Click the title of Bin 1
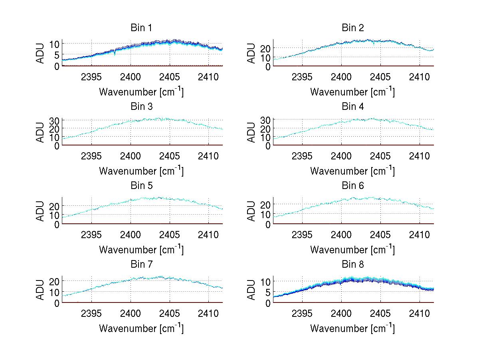pos(141,28)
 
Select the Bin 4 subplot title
pos(353,107)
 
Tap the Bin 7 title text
pos(141,265)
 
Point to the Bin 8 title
pos(353,265)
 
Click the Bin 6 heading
pos(353,186)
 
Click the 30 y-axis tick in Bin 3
pos(54,120)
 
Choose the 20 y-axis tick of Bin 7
pos(54,281)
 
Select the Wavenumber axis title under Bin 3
pos(141,171)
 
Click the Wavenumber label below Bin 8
pos(353,328)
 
